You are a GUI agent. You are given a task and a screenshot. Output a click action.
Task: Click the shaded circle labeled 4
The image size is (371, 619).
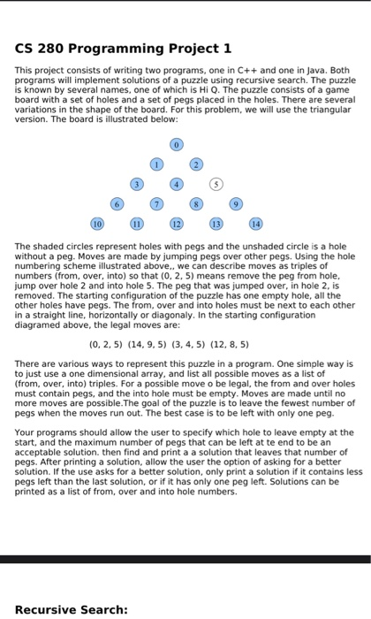pos(177,185)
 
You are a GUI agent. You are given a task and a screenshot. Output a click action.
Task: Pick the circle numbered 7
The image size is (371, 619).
pos(156,205)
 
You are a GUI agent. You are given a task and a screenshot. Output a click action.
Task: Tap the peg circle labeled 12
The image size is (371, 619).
pos(177,225)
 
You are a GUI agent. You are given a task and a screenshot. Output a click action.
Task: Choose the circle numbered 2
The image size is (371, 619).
pos(197,164)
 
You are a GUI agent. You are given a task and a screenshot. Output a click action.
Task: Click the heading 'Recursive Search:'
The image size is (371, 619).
pos(72,608)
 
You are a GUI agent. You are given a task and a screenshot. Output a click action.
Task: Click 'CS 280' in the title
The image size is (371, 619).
pos(41,49)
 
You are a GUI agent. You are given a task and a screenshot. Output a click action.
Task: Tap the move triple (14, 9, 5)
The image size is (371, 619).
pos(149,344)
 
